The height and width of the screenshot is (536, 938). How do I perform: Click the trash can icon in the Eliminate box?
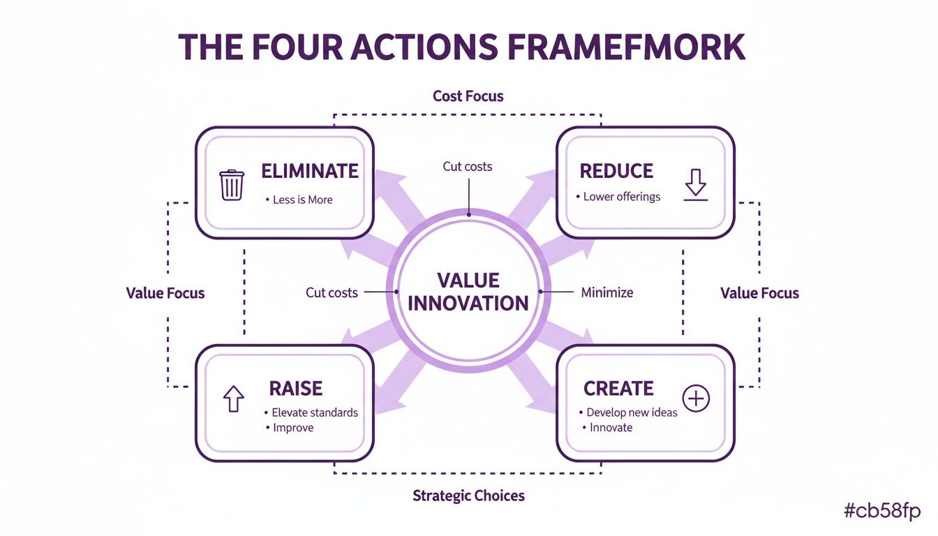(232, 186)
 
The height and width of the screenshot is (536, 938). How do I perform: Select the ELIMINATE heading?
(309, 171)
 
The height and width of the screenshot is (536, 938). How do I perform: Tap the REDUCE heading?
(616, 171)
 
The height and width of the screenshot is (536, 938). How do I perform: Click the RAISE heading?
(296, 388)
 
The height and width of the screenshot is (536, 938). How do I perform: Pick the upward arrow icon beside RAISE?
(233, 399)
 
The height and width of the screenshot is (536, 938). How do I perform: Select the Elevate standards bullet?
(314, 412)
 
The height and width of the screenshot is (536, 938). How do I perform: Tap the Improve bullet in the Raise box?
(293, 428)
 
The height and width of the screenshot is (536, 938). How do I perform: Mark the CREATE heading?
(618, 388)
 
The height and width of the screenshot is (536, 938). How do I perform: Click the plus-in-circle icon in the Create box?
(696, 399)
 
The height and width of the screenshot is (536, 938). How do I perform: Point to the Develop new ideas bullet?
(632, 412)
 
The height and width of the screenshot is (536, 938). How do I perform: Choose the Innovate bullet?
(611, 428)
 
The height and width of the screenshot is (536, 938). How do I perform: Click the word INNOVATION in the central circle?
(468, 304)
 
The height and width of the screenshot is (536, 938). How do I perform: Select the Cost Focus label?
(468, 96)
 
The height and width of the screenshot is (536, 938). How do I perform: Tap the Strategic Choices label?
(468, 496)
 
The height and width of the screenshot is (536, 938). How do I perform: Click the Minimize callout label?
(607, 292)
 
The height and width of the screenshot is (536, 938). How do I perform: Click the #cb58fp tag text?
(882, 512)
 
